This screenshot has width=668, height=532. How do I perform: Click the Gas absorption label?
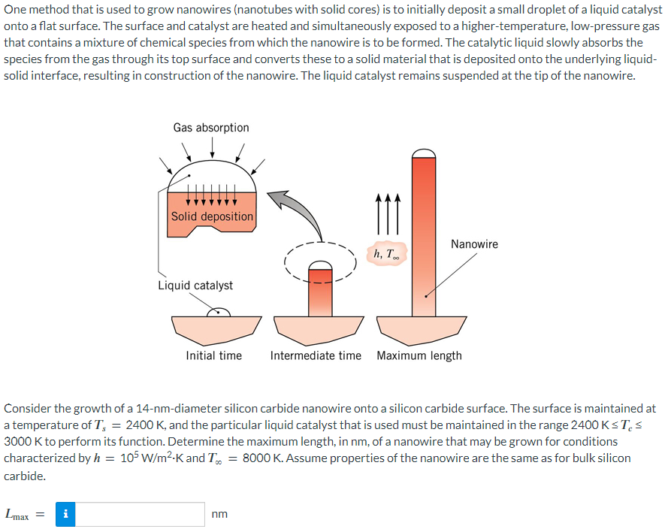pyautogui.click(x=211, y=128)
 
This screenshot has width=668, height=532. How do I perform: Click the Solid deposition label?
pyautogui.click(x=212, y=216)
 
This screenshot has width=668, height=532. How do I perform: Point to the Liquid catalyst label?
pyautogui.click(x=195, y=286)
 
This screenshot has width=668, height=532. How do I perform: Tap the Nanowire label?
pyautogui.click(x=474, y=244)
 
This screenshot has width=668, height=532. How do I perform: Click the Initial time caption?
pyautogui.click(x=214, y=355)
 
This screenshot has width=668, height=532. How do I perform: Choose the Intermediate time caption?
pyautogui.click(x=316, y=355)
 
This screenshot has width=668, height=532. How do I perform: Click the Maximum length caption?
pyautogui.click(x=419, y=355)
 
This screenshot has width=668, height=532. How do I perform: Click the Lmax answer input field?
pyautogui.click(x=141, y=515)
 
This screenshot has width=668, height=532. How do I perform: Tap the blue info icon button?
pyautogui.click(x=66, y=515)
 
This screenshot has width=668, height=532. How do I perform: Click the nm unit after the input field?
pyautogui.click(x=219, y=515)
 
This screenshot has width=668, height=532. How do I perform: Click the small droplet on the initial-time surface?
pyautogui.click(x=219, y=312)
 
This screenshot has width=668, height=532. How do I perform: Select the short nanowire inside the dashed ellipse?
pyautogui.click(x=321, y=289)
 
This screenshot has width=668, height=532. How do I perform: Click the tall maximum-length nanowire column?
pyautogui.click(x=425, y=240)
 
